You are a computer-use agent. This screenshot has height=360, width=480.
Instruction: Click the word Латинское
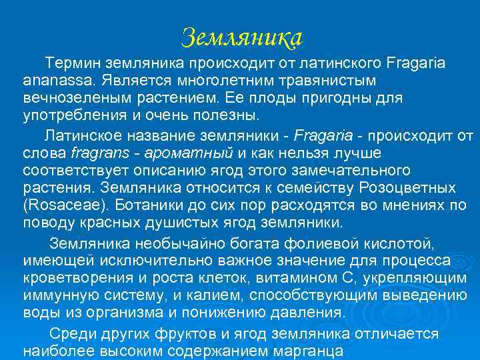(85, 137)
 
